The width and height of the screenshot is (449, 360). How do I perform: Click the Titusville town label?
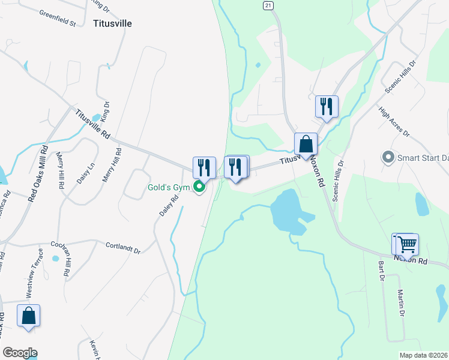pyautogui.click(x=112, y=24)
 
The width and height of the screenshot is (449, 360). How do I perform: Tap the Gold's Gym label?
pyautogui.click(x=169, y=188)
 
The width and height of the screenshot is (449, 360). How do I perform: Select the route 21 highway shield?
pyautogui.click(x=268, y=5)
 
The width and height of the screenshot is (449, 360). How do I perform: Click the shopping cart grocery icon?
pyautogui.click(x=407, y=244)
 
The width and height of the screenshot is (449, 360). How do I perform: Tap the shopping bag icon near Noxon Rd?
pyautogui.click(x=306, y=145)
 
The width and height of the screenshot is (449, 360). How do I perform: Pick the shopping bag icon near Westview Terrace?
pyautogui.click(x=28, y=316)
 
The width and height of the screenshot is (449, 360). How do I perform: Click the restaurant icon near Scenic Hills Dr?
pyautogui.click(x=327, y=106)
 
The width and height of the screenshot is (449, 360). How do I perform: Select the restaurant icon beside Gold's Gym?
pyautogui.click(x=204, y=168)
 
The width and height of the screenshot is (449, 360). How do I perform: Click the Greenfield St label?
pyautogui.click(x=58, y=17)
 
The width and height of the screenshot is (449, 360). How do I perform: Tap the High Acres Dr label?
pyautogui.click(x=394, y=121)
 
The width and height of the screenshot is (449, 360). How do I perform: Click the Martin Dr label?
pyautogui.click(x=400, y=303)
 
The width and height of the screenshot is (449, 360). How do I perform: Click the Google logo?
pyautogui.click(x=20, y=353)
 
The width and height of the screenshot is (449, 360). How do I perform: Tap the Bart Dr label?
pyautogui.click(x=381, y=271)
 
